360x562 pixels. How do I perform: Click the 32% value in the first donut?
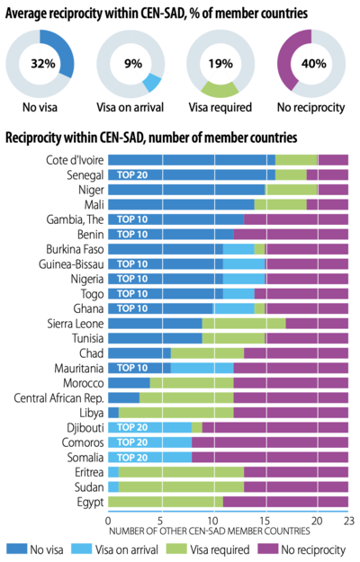click(x=43, y=64)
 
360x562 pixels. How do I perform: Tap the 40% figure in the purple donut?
click(x=314, y=64)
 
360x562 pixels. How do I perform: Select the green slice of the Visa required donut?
click(x=220, y=89)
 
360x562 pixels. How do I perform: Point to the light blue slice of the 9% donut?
click(x=152, y=83)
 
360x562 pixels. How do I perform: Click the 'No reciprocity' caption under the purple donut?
click(x=310, y=107)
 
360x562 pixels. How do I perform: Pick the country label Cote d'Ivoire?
click(x=75, y=160)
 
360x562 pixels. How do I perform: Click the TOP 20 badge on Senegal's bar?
click(x=132, y=175)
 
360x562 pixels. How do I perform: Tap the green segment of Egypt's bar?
click(x=166, y=502)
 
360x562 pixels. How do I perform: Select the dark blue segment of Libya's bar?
click(x=113, y=413)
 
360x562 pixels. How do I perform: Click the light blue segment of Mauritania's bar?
click(x=202, y=368)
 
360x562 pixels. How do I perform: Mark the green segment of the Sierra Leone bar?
click(x=244, y=324)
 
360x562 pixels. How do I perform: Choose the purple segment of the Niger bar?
click(x=333, y=190)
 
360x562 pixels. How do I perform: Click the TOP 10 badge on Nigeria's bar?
click(x=132, y=279)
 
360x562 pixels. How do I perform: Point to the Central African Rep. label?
click(x=58, y=397)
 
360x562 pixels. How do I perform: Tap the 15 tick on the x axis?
click(x=265, y=521)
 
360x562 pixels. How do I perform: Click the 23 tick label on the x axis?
click(x=347, y=521)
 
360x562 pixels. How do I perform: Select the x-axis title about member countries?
click(x=210, y=531)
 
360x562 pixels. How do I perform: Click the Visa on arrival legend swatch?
click(x=81, y=549)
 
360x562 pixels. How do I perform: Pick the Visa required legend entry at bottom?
click(x=208, y=549)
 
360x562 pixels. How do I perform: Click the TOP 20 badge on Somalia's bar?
click(x=132, y=458)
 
